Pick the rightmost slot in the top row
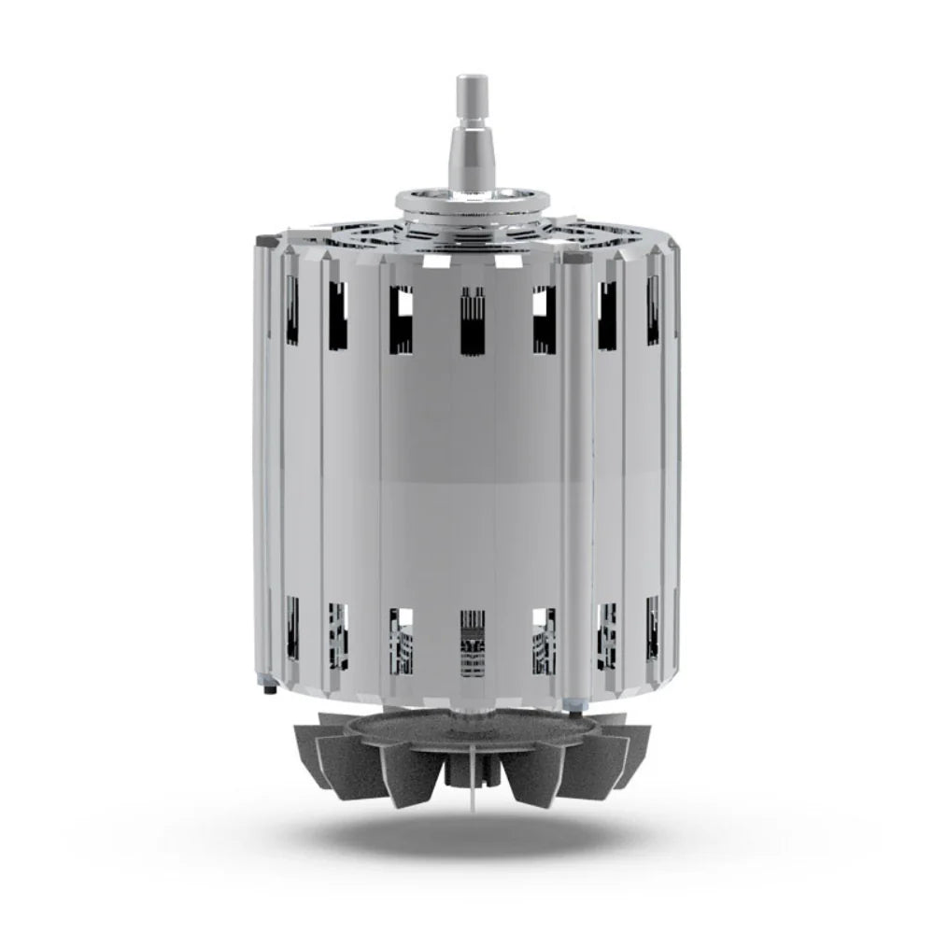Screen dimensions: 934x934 pos(653,308)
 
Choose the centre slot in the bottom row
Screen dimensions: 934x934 pos(473,643)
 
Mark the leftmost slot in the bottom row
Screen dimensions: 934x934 pos(291,628)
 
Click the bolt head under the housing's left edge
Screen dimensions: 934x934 pos(270,689)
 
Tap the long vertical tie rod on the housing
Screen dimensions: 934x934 pos(573,467)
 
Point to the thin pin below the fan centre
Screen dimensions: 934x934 pos(473,794)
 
